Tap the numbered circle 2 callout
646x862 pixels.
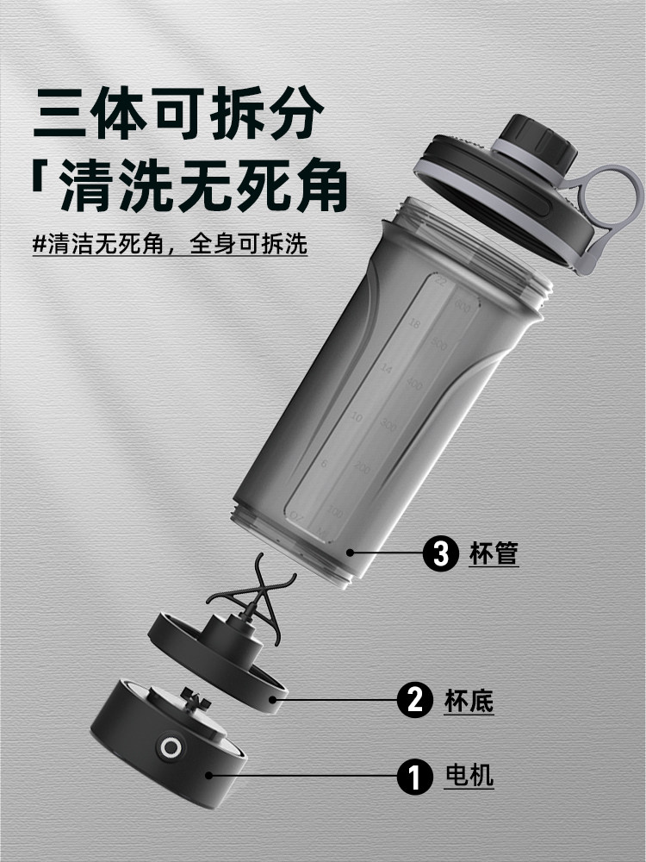pyautogui.click(x=414, y=699)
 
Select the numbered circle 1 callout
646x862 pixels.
pyautogui.click(x=414, y=776)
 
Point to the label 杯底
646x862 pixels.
pyautogui.click(x=470, y=699)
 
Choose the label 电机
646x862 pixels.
pyautogui.click(x=469, y=776)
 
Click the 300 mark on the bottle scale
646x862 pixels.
pyautogui.click(x=388, y=425)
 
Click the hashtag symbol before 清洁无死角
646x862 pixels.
pyautogui.click(x=38, y=244)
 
